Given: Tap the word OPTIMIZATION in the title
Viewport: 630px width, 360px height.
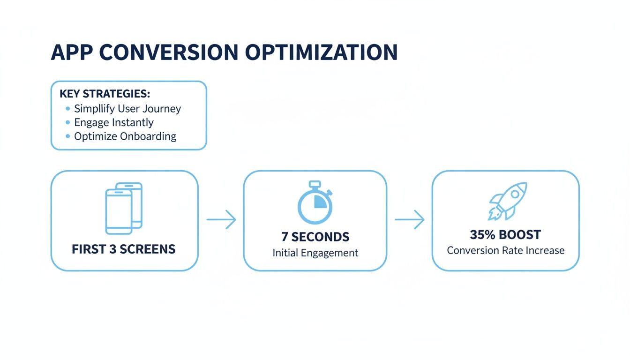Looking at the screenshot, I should pos(321,52).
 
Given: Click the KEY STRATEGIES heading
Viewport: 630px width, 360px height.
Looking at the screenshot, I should pos(105,93).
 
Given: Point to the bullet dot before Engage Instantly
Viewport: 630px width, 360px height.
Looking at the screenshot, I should pos(67,123).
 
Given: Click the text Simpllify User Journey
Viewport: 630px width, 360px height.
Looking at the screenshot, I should pos(127,109).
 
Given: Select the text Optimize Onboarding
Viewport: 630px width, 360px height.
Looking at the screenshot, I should pos(125,136).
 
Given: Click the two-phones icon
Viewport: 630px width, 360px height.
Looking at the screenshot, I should pos(124,208).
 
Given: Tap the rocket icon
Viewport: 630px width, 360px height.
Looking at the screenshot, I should pos(507,201).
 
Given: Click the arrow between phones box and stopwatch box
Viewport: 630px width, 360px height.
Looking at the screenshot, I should pos(221,219).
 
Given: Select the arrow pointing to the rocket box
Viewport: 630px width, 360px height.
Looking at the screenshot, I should pos(409,219).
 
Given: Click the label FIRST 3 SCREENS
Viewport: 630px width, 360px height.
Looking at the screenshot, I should pos(124,249).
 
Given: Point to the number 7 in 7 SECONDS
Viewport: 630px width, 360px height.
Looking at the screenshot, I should pos(285,236).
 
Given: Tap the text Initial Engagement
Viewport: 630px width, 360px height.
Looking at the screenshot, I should pos(315,253).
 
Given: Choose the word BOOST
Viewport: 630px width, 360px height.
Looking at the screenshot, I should pos(520,235).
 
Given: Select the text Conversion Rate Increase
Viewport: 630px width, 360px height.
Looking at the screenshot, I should pos(505,250).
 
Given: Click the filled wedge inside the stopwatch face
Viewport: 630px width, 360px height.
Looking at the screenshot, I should pos(320,202).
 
